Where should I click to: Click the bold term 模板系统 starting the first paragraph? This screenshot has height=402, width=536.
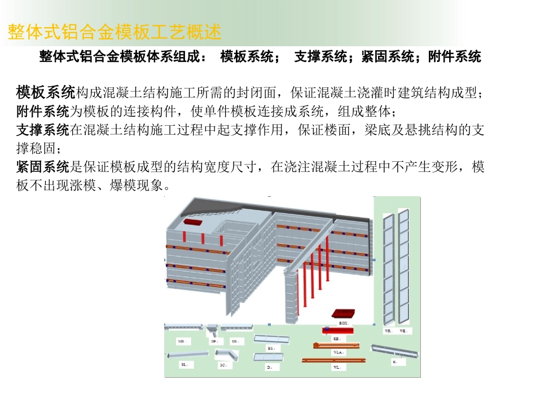point(45,91)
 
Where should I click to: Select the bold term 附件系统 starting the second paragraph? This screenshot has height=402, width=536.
point(43,110)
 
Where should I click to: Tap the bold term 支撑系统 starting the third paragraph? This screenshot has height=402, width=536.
point(43,130)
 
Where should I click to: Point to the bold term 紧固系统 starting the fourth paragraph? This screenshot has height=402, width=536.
point(43,167)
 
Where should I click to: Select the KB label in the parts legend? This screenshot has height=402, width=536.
point(336,339)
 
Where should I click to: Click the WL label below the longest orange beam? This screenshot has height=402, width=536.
point(336,367)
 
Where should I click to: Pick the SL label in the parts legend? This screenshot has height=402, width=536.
point(184,365)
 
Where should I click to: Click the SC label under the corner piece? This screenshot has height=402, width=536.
point(223,365)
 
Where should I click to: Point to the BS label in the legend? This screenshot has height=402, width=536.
point(271,348)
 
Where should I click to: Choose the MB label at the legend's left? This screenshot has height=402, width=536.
point(181,342)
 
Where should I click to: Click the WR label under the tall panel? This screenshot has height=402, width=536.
point(388,331)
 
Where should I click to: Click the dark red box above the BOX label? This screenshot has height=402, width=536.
point(344,313)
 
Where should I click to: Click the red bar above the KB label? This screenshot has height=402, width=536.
point(339,330)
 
